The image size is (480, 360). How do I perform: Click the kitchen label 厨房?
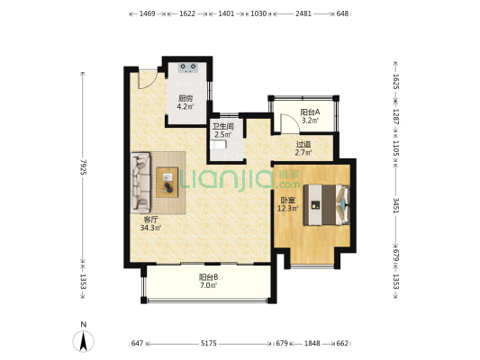[186, 98]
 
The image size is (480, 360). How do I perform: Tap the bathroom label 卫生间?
[223, 126]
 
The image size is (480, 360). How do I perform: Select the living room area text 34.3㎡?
[150, 228]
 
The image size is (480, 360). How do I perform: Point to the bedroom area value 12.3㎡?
[288, 209]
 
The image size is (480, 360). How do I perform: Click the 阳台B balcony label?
[208, 277]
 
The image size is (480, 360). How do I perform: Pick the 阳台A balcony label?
[310, 112]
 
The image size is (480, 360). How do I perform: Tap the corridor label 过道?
[303, 144]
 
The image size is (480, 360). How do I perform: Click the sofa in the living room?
[140, 183]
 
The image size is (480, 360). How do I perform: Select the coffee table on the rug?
[168, 183]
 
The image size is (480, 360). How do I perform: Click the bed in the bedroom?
[327, 205]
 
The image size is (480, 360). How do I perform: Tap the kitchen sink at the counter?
[188, 67]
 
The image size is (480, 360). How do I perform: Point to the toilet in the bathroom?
[218, 145]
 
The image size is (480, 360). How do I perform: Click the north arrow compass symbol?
[83, 341]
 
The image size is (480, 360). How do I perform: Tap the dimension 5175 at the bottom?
[209, 344]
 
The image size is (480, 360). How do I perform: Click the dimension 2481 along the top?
[303, 13]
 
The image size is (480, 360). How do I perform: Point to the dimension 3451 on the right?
[395, 205]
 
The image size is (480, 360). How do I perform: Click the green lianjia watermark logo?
[240, 179]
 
